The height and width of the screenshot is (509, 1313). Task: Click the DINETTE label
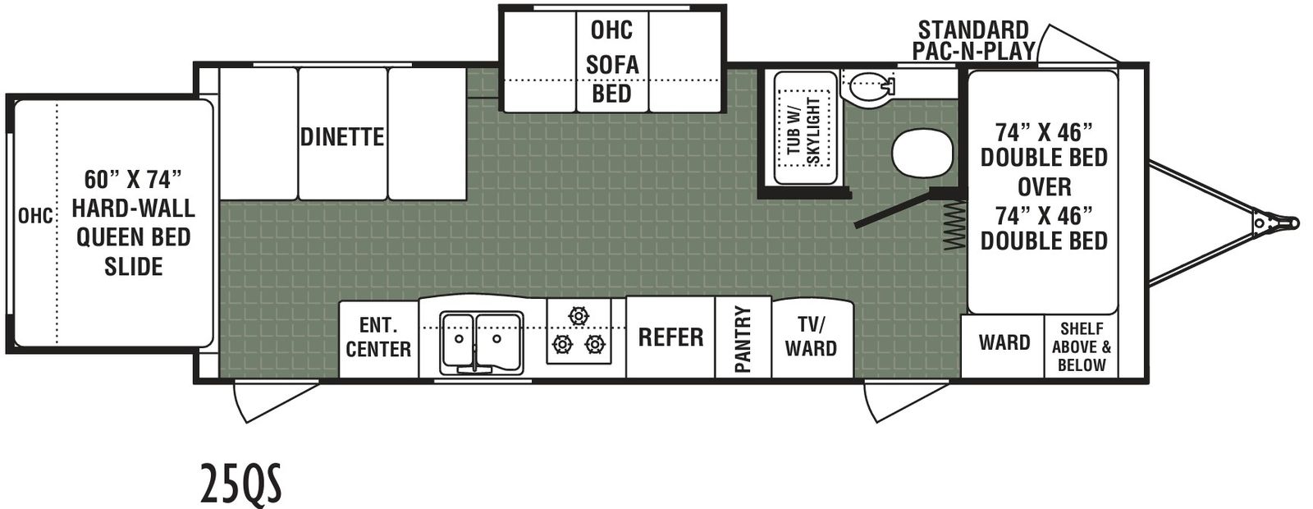(342, 136)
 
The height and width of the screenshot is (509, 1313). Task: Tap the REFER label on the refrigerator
(670, 337)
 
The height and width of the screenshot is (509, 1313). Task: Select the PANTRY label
(743, 339)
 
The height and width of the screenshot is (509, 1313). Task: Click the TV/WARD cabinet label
(812, 336)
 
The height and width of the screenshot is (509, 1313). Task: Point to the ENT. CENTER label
(378, 337)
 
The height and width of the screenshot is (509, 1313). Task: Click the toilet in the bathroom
(867, 85)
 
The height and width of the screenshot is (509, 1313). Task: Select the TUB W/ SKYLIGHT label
(803, 131)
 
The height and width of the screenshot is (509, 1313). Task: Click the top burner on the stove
(578, 316)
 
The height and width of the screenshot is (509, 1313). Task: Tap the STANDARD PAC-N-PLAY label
(973, 40)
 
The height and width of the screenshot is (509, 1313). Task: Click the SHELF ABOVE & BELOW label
(1082, 346)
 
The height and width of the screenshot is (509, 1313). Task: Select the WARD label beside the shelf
(1004, 342)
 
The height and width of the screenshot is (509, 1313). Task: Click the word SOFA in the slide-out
(612, 64)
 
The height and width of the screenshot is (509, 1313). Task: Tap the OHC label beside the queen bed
(35, 216)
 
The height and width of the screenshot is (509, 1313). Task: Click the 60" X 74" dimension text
(133, 180)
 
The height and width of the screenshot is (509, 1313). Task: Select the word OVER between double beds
(1044, 186)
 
